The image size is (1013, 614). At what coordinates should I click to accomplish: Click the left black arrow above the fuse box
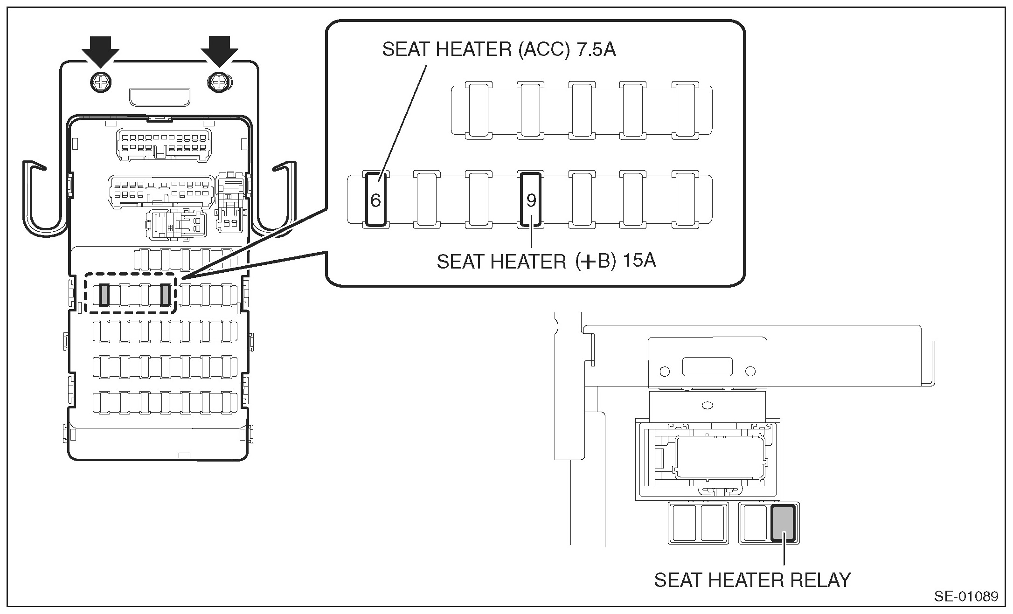tap(101, 50)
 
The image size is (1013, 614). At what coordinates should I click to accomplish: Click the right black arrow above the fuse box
tap(219, 50)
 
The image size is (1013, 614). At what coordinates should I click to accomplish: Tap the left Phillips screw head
tap(101, 83)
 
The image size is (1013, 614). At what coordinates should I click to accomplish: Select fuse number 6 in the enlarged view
tap(376, 200)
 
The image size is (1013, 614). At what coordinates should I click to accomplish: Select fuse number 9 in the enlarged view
tap(531, 200)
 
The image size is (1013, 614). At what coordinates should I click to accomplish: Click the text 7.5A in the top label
tap(597, 49)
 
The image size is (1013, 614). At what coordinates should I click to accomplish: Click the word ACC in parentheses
tap(544, 49)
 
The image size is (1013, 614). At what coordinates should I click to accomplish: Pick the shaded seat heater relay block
tap(783, 523)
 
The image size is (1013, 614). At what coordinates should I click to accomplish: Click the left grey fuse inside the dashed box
tap(104, 295)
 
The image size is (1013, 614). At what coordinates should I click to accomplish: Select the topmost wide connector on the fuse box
tap(163, 145)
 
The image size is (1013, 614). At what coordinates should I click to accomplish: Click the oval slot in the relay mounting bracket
tap(708, 406)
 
